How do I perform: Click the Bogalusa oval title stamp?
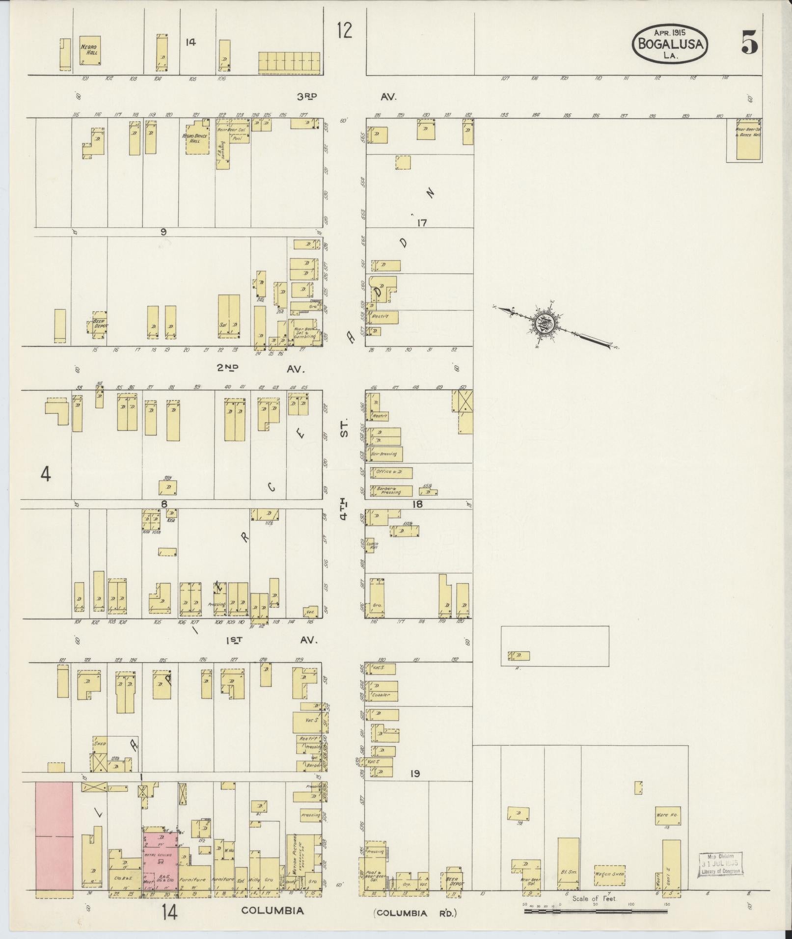click(x=670, y=43)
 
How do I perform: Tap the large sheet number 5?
click(x=749, y=42)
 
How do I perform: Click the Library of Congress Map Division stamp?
click(x=721, y=863)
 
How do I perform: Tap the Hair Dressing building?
click(x=387, y=454)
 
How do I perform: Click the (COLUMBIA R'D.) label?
click(x=415, y=913)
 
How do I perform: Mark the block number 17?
click(x=421, y=223)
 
